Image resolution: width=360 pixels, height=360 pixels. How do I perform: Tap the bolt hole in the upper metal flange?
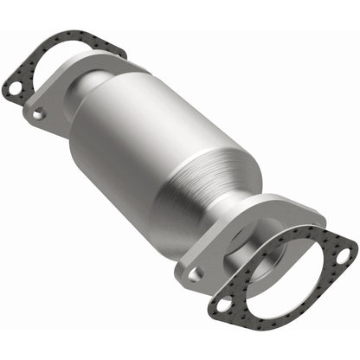point(37,112)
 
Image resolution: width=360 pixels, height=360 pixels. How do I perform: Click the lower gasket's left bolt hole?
point(222,305)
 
